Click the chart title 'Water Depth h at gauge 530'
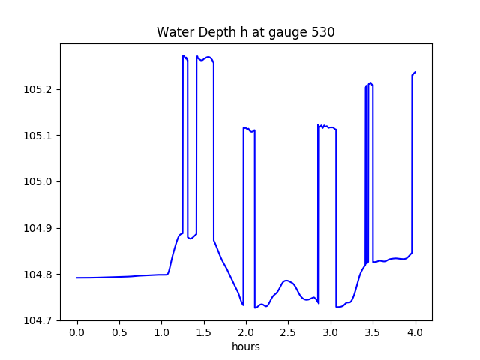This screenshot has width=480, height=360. point(245,33)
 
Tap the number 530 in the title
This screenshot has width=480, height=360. point(323,33)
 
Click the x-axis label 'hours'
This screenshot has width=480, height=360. point(245,347)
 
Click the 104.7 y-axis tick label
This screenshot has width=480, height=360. point(37,320)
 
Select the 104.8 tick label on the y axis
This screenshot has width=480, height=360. point(37,274)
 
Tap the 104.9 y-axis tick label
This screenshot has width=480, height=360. point(37,228)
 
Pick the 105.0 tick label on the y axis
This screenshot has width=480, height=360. point(37,181)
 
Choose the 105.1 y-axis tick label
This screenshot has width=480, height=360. point(37,136)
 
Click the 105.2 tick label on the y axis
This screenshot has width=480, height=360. point(37,89)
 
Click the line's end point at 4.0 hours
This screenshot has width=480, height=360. point(415,72)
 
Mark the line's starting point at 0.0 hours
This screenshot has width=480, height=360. point(77,277)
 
